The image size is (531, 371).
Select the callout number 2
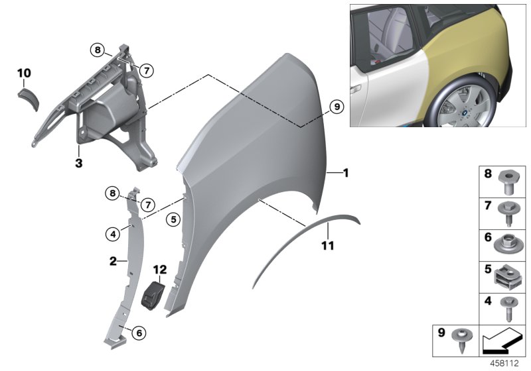114,261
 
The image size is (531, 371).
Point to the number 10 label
24,72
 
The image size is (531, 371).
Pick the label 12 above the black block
159,270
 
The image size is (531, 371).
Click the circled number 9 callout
335,105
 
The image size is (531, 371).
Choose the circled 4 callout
114,233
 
